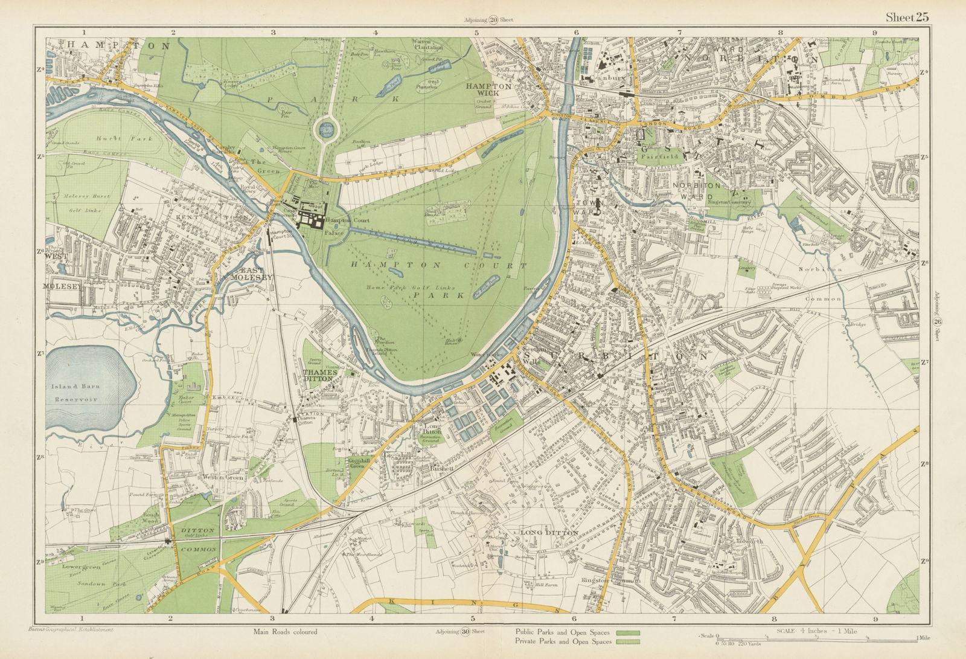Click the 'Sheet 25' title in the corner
[907, 17]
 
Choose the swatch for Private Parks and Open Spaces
[627, 641]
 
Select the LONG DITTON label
[549, 533]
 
